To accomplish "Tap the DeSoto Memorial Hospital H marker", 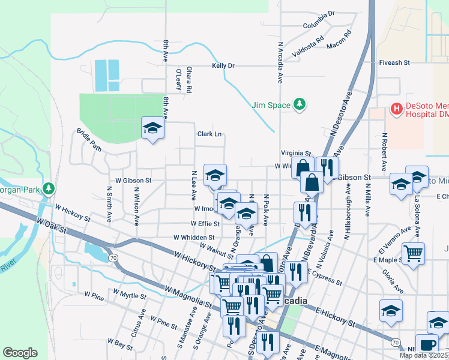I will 396,109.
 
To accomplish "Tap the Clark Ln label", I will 210,134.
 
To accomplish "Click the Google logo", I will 20,353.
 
